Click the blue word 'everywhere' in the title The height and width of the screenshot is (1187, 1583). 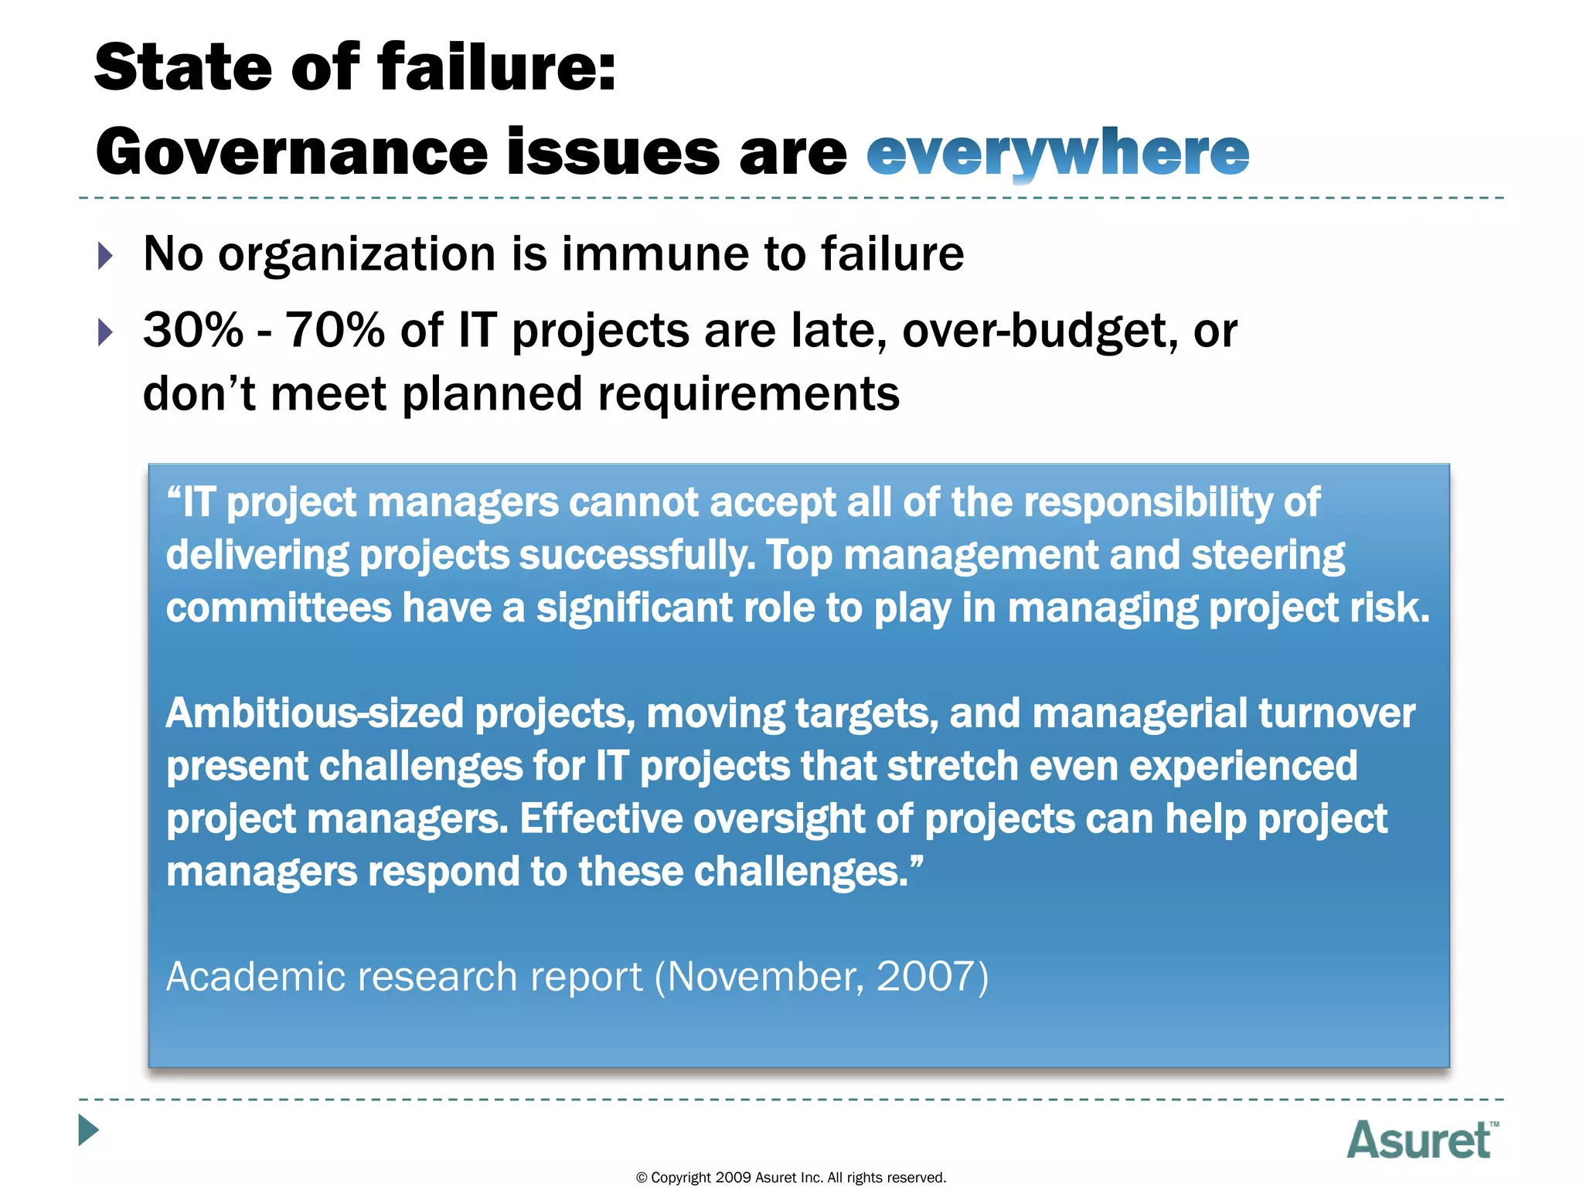point(1057,152)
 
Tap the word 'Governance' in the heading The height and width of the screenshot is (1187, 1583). point(291,152)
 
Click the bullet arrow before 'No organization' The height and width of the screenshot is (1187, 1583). point(106,255)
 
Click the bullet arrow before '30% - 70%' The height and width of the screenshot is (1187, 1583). point(106,332)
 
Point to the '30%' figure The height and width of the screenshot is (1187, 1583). point(193,331)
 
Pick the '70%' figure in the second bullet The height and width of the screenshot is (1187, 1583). point(335,331)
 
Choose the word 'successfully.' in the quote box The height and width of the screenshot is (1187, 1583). point(637,556)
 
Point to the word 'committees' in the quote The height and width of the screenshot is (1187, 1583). point(278,608)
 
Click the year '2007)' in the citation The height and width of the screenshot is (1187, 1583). point(932,977)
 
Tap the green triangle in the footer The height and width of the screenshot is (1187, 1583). point(88,1130)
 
